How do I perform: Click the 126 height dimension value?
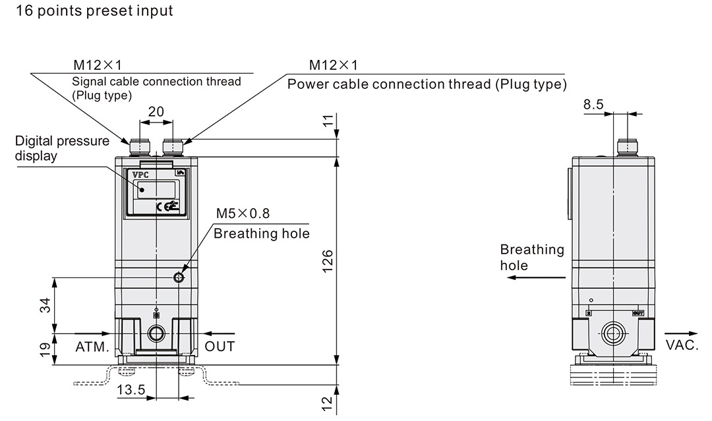coord(327,260)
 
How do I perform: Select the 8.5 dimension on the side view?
coord(593,104)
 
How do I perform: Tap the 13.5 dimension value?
coord(131,390)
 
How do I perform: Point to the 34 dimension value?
coord(45,305)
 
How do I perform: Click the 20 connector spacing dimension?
coord(156,111)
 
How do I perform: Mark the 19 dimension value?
coord(45,351)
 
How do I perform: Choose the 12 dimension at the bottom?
coord(328,403)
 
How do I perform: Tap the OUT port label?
coord(220,346)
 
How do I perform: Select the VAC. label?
coord(682,345)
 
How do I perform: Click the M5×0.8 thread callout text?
coord(243,213)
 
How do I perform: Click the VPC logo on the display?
coord(141,175)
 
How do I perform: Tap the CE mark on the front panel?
coord(165,206)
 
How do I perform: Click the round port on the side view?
coord(614,333)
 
